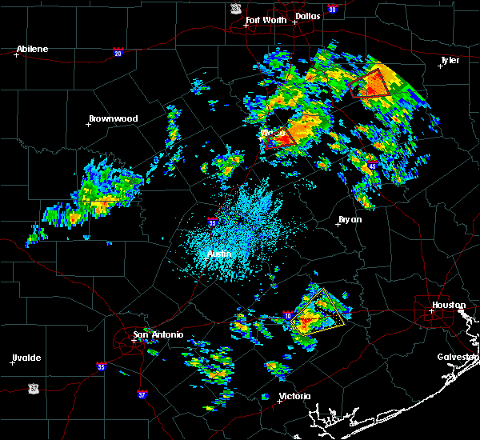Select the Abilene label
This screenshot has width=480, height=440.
(33, 49)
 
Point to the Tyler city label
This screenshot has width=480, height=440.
(450, 60)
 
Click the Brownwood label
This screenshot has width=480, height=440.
(113, 118)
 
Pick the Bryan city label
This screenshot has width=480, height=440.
(350, 219)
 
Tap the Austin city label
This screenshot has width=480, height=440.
(219, 254)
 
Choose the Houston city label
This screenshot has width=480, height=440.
(449, 305)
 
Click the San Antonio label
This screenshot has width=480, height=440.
(158, 334)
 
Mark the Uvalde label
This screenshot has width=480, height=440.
(26, 358)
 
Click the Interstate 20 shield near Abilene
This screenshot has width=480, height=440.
(118, 53)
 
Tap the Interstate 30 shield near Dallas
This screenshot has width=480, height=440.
(332, 10)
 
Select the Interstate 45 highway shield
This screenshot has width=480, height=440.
(372, 166)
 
